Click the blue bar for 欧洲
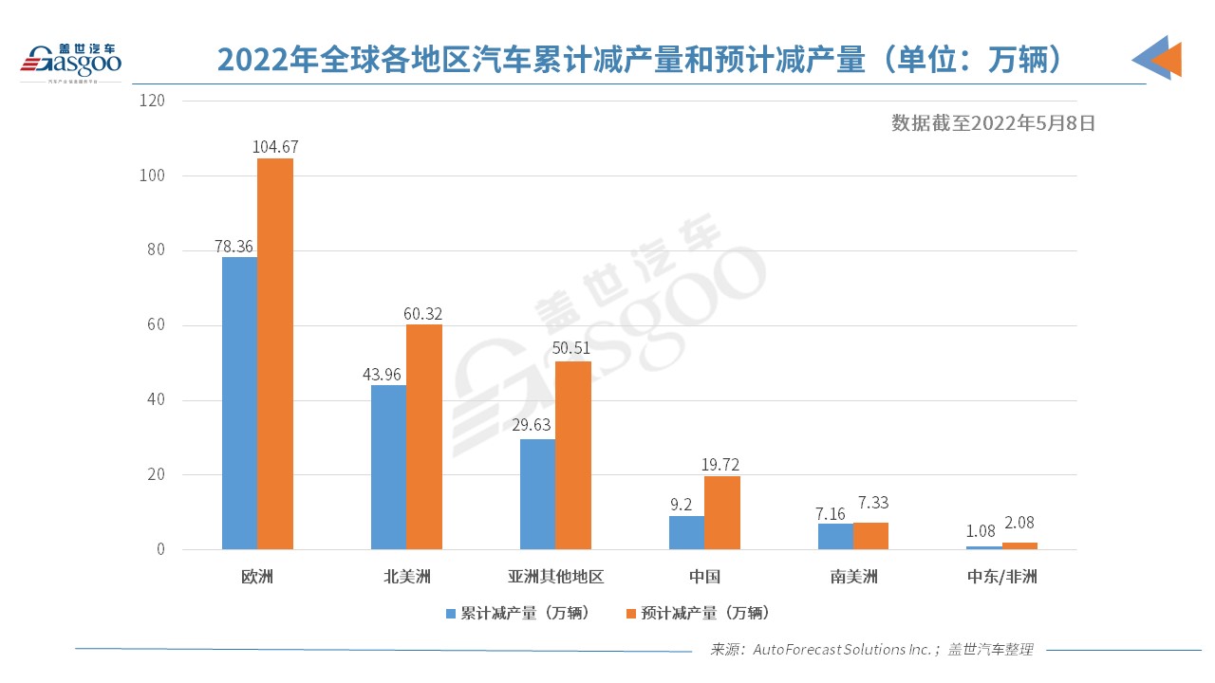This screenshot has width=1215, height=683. (239, 403)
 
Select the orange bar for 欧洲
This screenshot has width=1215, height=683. (275, 354)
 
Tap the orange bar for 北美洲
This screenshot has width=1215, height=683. (424, 437)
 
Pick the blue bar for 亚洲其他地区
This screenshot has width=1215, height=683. (537, 494)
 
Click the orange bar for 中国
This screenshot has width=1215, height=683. (722, 512)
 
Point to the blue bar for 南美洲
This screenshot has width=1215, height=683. (835, 536)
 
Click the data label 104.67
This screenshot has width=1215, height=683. (275, 147)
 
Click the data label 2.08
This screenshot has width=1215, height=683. (1020, 531)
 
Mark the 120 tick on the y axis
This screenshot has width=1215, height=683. (153, 101)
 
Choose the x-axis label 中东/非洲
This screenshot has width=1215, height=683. (1002, 577)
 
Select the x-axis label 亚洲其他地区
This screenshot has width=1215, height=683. (555, 577)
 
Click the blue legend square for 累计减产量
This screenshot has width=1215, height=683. (451, 614)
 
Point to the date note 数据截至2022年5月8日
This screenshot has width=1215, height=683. (993, 122)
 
